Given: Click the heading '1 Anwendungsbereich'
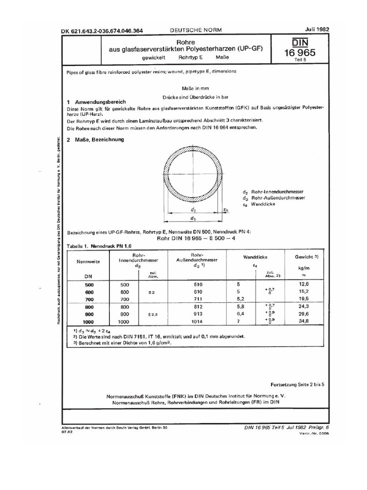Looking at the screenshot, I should [96, 102].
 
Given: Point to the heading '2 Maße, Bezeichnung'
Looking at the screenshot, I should [95, 140].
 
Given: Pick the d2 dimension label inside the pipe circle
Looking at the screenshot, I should [193, 210].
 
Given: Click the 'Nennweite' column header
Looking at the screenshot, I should [89, 262].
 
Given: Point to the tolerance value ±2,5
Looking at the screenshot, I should [151, 314].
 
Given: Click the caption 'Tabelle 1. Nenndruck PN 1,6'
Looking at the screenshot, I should [97, 245].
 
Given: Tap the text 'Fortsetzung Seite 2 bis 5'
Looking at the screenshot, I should [300, 384].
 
